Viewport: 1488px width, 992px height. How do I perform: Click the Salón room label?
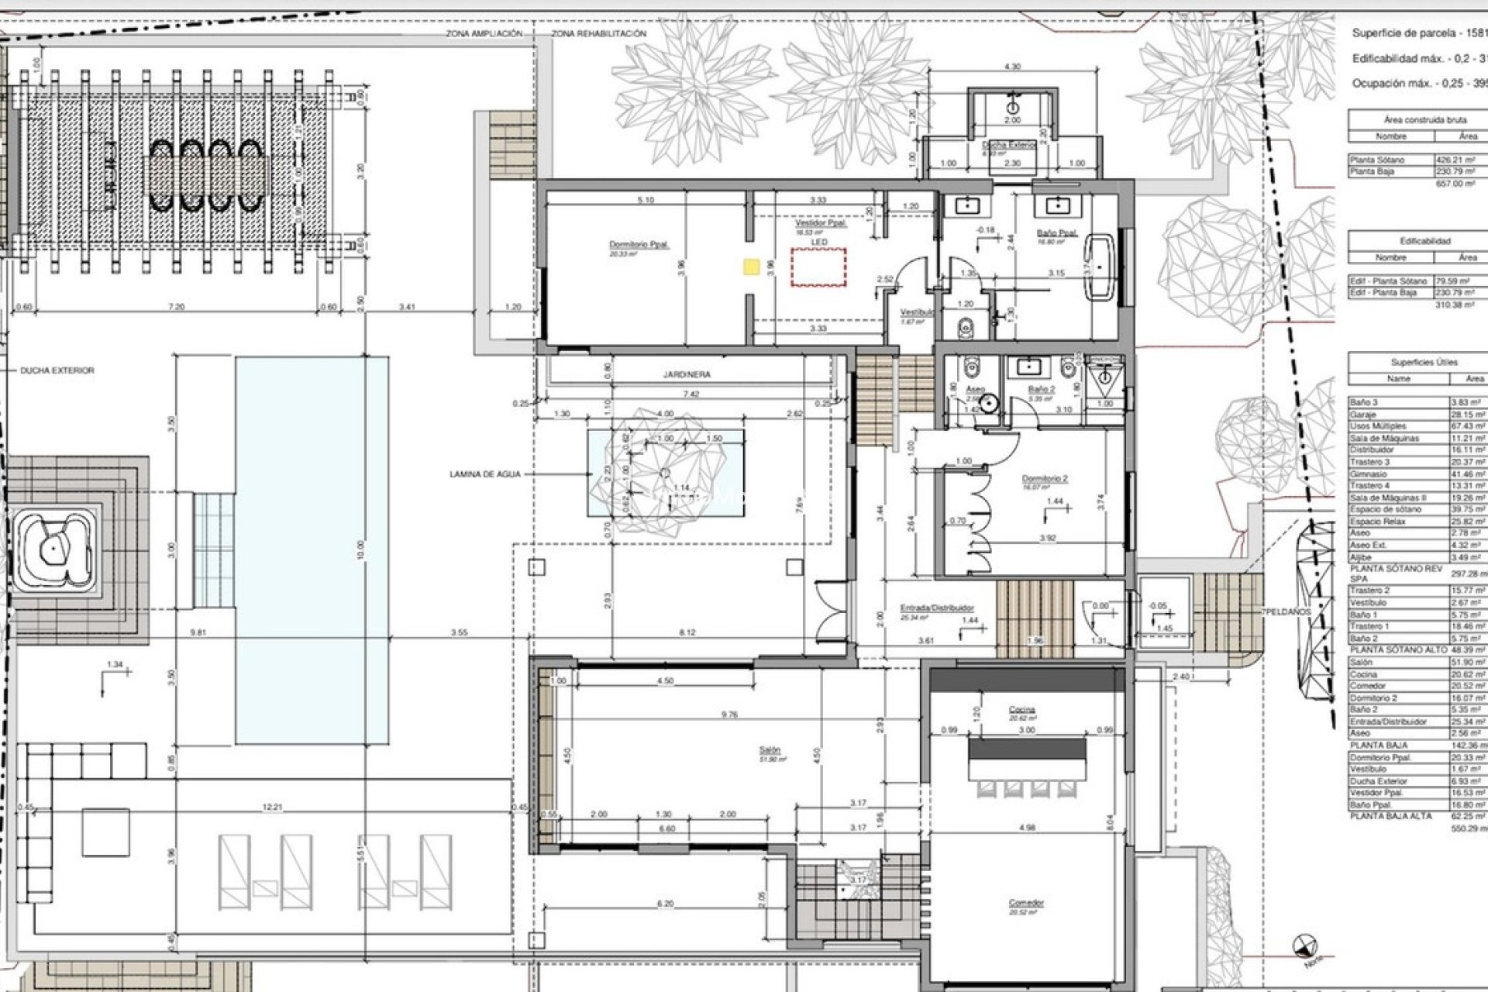[x=770, y=750]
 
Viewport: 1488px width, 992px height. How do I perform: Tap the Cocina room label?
[x=1022, y=710]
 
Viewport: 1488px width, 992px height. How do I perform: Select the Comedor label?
[x=1026, y=903]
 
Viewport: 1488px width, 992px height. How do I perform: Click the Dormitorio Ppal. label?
[x=639, y=244]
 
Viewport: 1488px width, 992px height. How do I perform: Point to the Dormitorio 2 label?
[x=1044, y=479]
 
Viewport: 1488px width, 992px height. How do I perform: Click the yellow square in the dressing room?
[x=750, y=267]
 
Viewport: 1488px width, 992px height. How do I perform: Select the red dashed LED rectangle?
[x=818, y=268]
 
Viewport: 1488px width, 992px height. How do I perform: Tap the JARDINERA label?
[x=687, y=374]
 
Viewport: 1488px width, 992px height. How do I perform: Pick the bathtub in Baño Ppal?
[x=1100, y=267]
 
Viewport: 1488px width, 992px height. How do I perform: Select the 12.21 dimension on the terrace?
[x=272, y=808]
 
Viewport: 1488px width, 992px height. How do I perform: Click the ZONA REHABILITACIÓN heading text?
[x=598, y=34]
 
